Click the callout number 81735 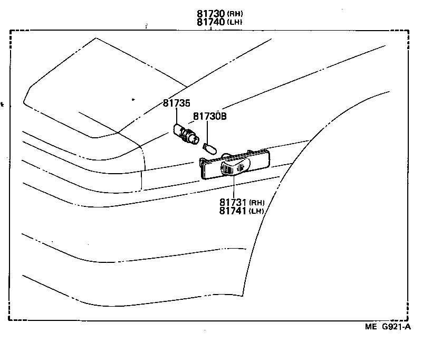click(176, 103)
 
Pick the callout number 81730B click(209, 116)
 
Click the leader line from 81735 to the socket click(176, 116)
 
